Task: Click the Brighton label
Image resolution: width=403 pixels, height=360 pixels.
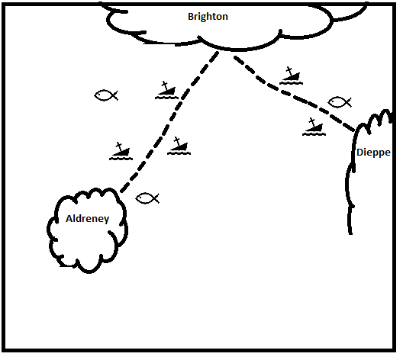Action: (208, 17)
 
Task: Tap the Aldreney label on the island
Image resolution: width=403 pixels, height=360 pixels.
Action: (87, 219)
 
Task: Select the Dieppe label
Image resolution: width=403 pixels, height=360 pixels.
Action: (373, 153)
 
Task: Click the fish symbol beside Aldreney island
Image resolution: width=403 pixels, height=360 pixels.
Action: (147, 198)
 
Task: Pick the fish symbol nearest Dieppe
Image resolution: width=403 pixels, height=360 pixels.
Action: (340, 102)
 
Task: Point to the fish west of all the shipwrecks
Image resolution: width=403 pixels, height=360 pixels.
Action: (106, 95)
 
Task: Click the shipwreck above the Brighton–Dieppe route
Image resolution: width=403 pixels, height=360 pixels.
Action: (291, 76)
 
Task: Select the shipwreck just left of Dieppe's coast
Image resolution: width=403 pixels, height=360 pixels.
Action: (314, 127)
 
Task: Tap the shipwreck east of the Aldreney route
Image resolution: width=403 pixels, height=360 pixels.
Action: (179, 146)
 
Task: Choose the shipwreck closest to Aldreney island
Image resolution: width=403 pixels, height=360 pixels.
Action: (121, 151)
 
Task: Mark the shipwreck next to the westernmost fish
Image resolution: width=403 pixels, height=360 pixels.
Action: (166, 90)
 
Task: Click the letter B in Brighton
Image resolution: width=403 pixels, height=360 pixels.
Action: (191, 17)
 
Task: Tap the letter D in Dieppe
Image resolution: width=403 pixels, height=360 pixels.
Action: (360, 153)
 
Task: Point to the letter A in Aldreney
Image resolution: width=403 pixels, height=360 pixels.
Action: (69, 219)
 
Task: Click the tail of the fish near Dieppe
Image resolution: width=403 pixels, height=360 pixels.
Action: (349, 102)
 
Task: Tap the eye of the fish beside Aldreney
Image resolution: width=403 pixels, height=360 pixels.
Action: (141, 198)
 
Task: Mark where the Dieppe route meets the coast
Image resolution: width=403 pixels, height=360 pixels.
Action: (355, 131)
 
